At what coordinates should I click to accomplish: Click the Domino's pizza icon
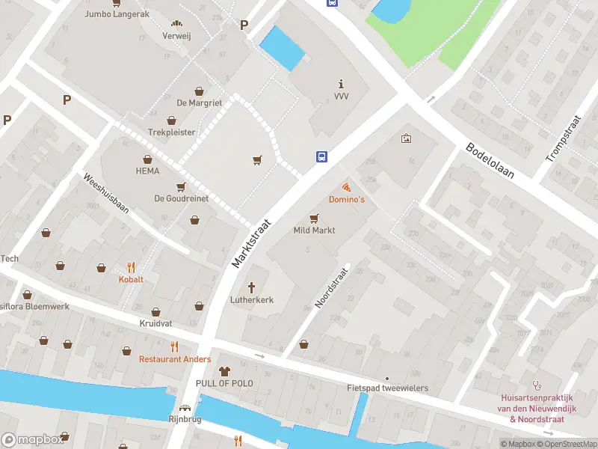346,186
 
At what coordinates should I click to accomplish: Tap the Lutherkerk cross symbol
251,287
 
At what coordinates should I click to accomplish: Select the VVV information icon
341,84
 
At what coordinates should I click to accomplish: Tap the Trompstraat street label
564,139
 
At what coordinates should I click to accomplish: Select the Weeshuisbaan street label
106,195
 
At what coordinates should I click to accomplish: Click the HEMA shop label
148,171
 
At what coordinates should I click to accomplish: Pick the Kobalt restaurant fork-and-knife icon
131,266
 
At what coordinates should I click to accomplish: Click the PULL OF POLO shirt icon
224,371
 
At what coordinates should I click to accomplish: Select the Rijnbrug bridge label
185,419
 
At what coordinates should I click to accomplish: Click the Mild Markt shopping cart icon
314,218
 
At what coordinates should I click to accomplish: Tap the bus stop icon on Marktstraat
321,156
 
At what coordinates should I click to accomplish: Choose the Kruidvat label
155,323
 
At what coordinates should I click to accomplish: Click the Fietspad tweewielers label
386,388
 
